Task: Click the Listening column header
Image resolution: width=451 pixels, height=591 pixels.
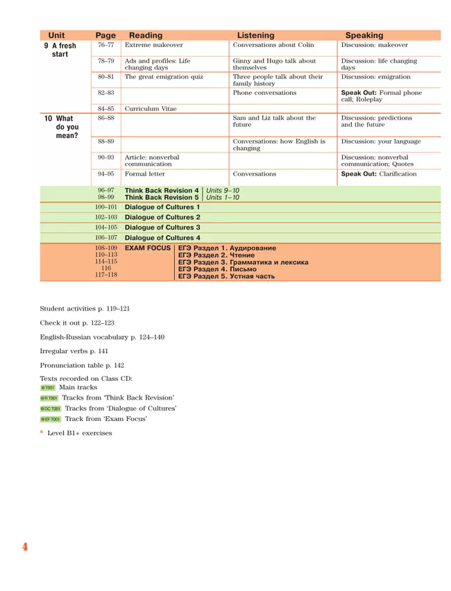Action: pyautogui.click(x=255, y=35)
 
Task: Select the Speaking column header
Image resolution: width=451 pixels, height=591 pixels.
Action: pyautogui.click(x=364, y=35)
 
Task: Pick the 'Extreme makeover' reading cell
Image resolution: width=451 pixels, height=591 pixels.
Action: pyautogui.click(x=154, y=45)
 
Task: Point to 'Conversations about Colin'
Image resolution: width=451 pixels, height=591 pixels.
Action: pyautogui.click(x=273, y=45)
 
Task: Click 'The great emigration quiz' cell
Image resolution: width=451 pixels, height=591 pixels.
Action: pyautogui.click(x=164, y=77)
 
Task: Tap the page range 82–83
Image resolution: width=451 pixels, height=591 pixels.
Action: pyautogui.click(x=106, y=93)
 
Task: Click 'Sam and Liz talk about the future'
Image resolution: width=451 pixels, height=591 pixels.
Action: pyautogui.click(x=274, y=122)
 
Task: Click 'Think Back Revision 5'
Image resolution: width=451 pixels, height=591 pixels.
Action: pyautogui.click(x=161, y=198)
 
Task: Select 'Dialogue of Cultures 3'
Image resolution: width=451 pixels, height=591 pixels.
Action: pyautogui.click(x=162, y=228)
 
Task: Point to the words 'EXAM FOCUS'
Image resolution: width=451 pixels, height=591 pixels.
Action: pyautogui.click(x=148, y=248)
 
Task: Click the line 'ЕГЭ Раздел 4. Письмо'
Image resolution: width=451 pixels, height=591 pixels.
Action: pyautogui.click(x=217, y=269)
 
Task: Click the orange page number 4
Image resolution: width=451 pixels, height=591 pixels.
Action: pyautogui.click(x=25, y=547)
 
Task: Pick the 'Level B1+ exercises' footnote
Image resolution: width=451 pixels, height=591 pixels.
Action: pyautogui.click(x=79, y=434)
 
